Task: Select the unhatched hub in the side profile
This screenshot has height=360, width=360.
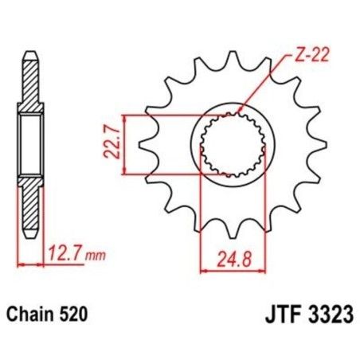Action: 29,144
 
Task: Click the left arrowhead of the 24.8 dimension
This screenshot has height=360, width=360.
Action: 202,270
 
